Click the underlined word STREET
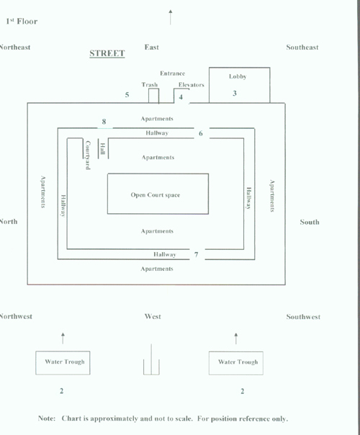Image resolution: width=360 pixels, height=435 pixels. [x=107, y=53]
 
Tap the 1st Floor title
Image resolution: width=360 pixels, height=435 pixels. [x=22, y=22]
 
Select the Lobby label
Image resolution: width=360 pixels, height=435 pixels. [x=238, y=76]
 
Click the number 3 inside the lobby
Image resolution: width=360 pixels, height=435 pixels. [x=235, y=93]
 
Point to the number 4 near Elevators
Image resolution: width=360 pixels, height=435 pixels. [x=181, y=97]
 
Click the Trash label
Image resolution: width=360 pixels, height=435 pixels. [x=150, y=84]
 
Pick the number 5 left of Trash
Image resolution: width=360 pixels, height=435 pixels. [x=127, y=95]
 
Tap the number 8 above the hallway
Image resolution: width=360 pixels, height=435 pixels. [x=104, y=122]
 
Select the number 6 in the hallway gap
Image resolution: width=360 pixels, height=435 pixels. [x=201, y=133]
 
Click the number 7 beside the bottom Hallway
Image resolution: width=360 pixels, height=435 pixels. [x=197, y=254]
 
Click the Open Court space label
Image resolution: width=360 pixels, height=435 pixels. [x=156, y=195]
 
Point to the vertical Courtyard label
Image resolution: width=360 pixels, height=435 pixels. [x=88, y=155]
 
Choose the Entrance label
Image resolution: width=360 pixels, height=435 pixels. [x=172, y=73]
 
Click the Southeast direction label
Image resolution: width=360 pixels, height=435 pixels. [x=302, y=48]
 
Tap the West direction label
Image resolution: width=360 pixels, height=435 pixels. [x=153, y=317]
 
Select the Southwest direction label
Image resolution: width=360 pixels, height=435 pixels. [x=303, y=317]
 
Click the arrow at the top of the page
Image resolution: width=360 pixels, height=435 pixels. [x=171, y=17]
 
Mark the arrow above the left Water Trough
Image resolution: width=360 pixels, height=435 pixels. [x=63, y=338]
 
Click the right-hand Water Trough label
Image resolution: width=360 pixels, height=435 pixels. [x=238, y=362]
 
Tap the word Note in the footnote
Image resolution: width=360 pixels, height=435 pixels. [x=47, y=418]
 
